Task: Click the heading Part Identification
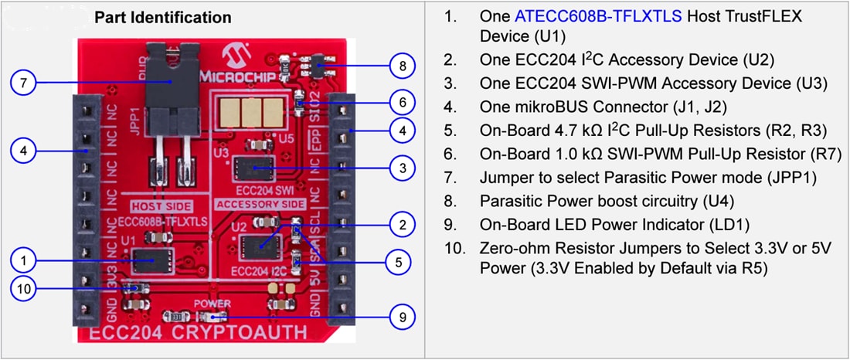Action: pos(162,17)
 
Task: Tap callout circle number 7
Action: pos(24,83)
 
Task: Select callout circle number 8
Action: pos(403,66)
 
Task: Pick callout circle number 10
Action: pos(24,289)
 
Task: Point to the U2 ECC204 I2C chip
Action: pos(260,246)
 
